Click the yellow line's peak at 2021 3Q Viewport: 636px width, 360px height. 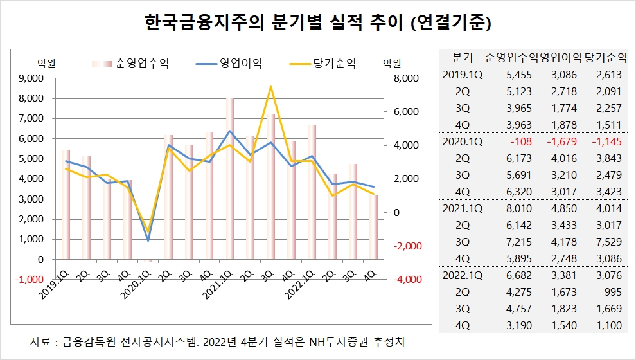(x=271, y=86)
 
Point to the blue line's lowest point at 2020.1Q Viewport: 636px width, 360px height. (x=148, y=240)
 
